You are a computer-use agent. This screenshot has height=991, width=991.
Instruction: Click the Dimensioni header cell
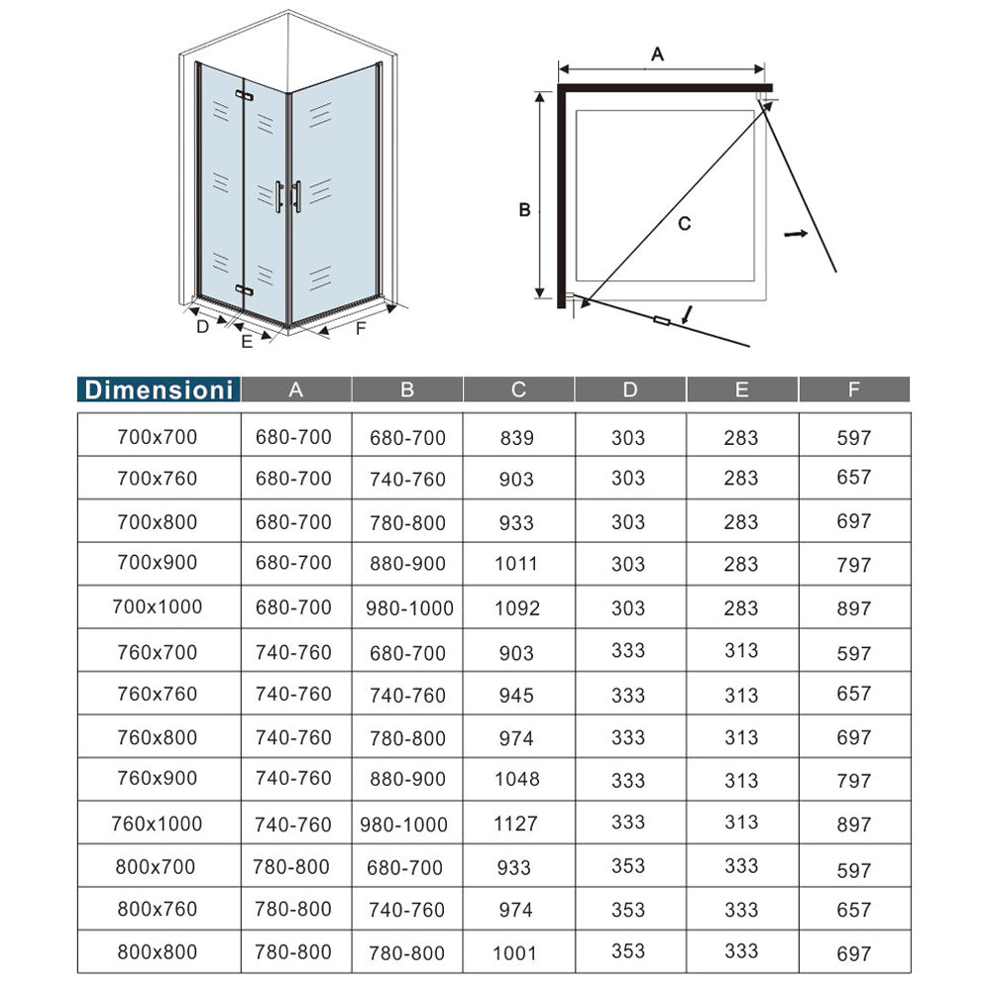tap(159, 389)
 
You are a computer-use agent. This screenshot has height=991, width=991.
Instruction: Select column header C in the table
tap(518, 389)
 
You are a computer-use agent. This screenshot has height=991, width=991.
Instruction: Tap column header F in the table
tap(853, 389)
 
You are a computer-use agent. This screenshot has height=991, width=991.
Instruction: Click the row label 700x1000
tap(159, 606)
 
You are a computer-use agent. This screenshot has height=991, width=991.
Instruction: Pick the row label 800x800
tap(159, 952)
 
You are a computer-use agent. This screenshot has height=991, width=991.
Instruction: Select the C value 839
tap(517, 437)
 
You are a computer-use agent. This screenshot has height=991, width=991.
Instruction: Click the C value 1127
tap(517, 824)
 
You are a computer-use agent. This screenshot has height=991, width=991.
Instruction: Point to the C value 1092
tap(517, 607)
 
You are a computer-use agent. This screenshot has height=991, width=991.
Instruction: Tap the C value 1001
tap(517, 953)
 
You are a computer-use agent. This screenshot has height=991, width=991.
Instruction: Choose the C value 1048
tap(517, 779)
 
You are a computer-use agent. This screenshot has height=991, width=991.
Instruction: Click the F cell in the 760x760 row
tap(853, 694)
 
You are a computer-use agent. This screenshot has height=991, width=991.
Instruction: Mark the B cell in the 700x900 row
tap(407, 564)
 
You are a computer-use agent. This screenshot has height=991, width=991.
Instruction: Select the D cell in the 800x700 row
tap(628, 867)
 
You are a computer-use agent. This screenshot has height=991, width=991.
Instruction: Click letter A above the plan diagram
tap(656, 55)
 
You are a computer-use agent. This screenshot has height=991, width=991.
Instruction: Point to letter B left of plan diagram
tap(525, 210)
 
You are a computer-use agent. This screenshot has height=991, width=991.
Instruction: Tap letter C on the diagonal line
tap(684, 224)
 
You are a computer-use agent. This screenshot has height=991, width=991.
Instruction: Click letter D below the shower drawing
tap(202, 326)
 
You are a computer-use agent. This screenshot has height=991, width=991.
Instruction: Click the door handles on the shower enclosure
tap(288, 195)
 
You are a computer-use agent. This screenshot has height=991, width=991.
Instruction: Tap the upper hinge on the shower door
tap(244, 96)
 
